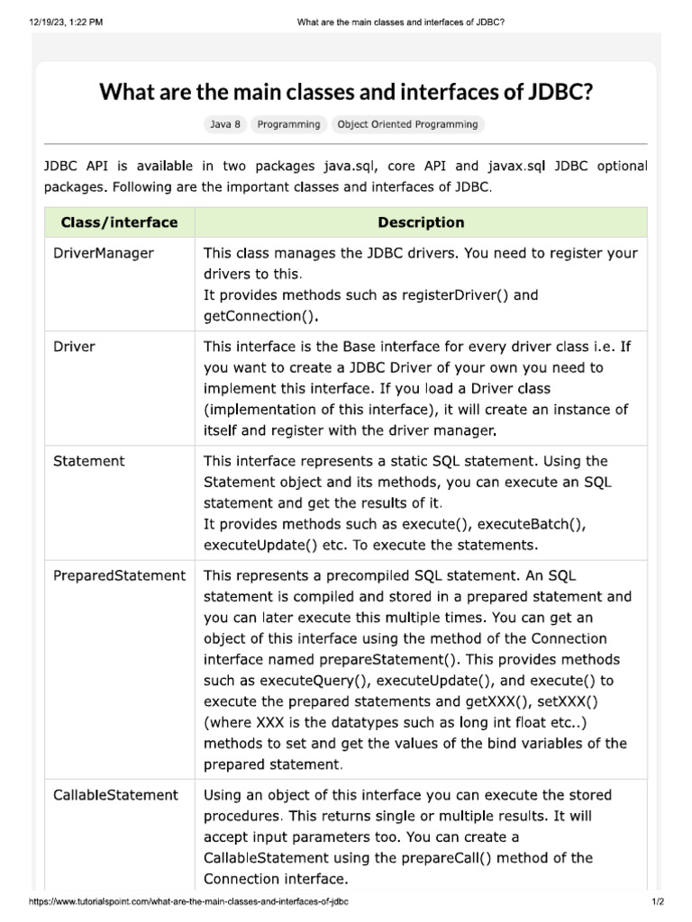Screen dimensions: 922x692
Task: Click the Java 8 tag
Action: (225, 124)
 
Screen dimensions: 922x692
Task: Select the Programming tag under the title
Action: (288, 124)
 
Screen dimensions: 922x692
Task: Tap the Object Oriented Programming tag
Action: (407, 124)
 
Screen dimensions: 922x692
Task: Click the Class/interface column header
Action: (119, 222)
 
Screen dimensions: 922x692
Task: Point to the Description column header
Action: (421, 222)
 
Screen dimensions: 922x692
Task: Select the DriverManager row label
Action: (104, 253)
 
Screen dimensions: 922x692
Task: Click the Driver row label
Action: (75, 346)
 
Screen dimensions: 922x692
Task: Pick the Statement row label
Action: (89, 461)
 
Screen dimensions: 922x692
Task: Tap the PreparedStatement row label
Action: (119, 575)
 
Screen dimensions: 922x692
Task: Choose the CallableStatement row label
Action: (115, 795)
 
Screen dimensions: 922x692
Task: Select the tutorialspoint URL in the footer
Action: (190, 901)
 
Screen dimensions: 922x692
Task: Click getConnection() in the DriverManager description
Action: (260, 316)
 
